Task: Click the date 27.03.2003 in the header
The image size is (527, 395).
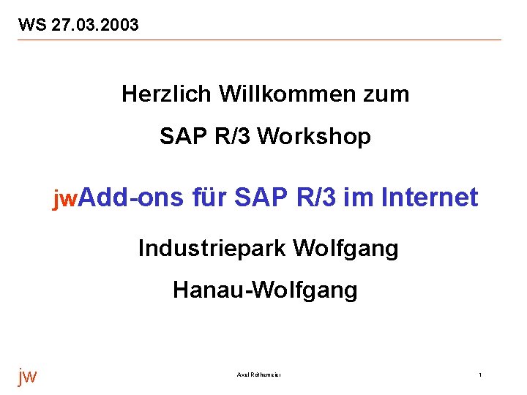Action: click(x=95, y=26)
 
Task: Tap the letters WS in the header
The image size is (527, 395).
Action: click(x=33, y=26)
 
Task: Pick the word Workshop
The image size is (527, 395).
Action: click(x=315, y=137)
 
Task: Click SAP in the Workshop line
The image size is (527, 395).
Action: click(x=179, y=137)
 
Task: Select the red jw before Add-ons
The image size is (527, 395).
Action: click(x=64, y=198)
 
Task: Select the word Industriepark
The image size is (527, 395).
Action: click(x=212, y=249)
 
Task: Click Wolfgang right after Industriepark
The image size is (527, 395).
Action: click(x=345, y=249)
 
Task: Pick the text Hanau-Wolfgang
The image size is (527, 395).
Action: click(x=265, y=291)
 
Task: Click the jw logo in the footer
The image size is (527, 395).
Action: click(x=27, y=376)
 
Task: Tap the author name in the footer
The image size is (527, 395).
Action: click(x=260, y=375)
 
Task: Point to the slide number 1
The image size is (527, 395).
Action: click(x=480, y=375)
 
